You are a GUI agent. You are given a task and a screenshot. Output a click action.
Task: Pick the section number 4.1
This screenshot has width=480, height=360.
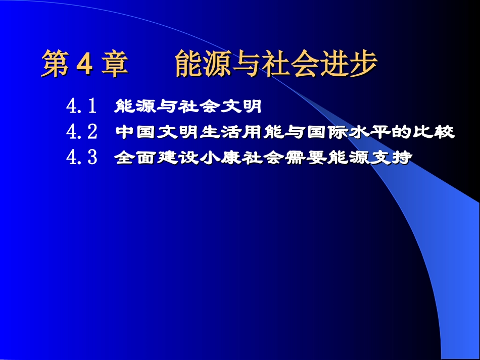click(x=81, y=107)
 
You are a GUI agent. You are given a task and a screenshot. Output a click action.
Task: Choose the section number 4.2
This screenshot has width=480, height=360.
click(x=81, y=132)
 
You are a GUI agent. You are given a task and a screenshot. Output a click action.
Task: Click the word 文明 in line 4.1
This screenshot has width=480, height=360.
click(x=244, y=107)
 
